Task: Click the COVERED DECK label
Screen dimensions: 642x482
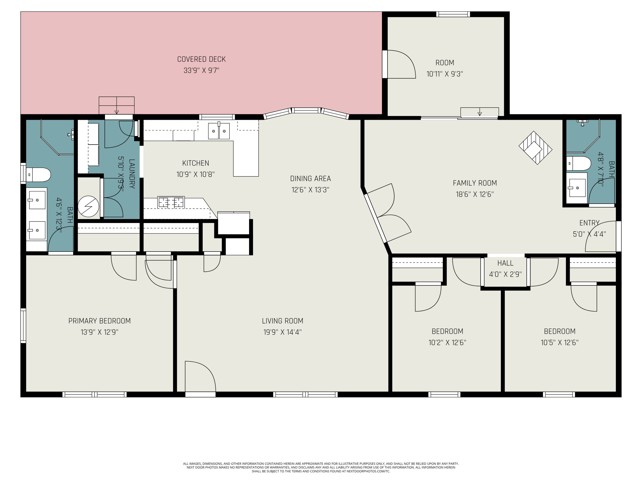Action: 201,59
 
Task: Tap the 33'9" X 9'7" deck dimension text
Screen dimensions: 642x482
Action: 201,70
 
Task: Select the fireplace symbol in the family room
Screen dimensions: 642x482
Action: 535,148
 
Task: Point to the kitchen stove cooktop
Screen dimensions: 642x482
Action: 171,202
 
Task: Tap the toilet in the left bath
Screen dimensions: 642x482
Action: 38,175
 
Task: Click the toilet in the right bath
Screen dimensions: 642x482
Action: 579,163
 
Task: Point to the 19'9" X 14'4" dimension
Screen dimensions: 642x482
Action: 283,332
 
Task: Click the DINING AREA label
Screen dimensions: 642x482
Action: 311,178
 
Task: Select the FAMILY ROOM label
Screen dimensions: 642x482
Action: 475,183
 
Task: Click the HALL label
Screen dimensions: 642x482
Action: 505,263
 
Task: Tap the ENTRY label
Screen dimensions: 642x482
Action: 590,223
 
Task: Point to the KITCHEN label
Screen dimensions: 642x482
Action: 196,163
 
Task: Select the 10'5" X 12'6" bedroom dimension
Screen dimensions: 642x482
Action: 560,342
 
